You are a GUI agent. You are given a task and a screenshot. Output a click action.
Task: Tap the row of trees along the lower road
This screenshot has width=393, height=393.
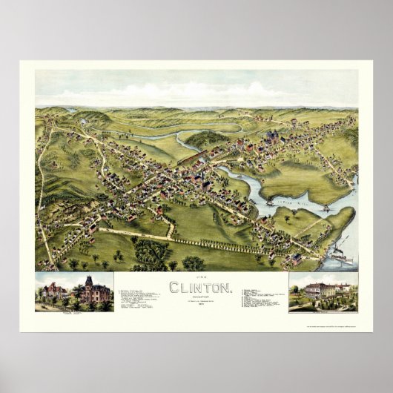[x=222, y=245]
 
